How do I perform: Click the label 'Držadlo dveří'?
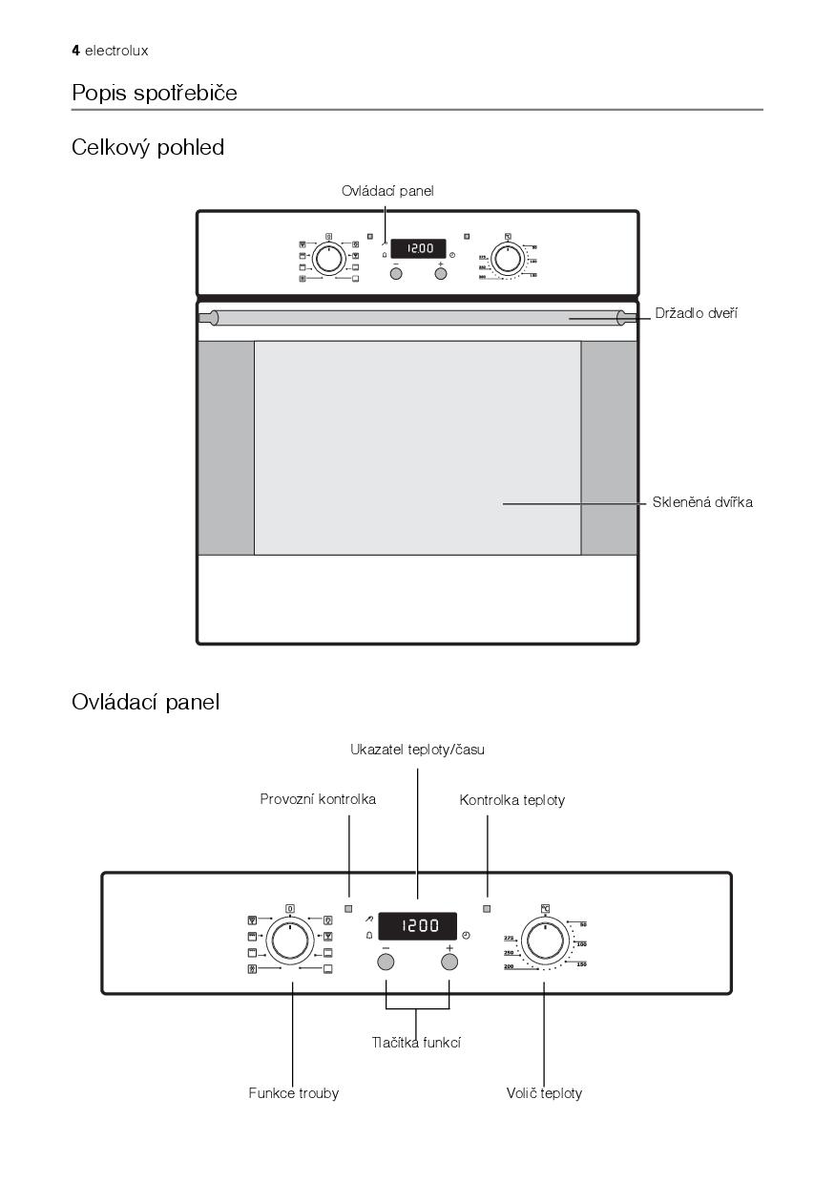(696, 313)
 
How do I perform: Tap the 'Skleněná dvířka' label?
(702, 502)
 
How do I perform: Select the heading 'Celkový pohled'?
(148, 148)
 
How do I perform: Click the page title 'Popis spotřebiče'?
(155, 94)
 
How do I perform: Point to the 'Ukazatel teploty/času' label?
(417, 750)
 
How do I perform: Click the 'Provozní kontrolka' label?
(318, 799)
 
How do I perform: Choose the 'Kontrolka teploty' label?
(512, 800)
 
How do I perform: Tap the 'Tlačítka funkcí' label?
(416, 1043)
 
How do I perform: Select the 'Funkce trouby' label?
(294, 1093)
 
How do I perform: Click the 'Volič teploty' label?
(544, 1093)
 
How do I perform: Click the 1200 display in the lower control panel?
(417, 925)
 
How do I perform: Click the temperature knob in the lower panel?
(545, 941)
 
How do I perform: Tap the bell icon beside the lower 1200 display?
(369, 936)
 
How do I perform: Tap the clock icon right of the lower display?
(466, 936)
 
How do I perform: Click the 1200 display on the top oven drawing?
(418, 249)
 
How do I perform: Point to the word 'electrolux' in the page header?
(116, 51)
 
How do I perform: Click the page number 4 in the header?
(75, 51)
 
